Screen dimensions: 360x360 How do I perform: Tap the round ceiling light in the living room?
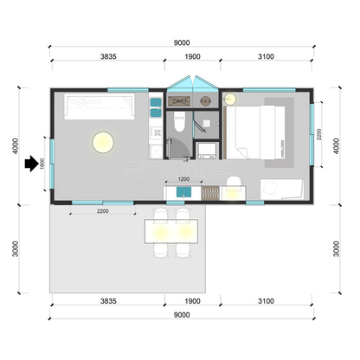tap(103, 140)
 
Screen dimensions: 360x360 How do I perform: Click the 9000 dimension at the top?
tap(181, 42)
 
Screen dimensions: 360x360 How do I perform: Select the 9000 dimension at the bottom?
tap(181, 314)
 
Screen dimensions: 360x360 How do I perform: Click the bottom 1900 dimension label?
tap(193, 301)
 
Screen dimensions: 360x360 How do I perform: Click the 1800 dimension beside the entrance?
tap(42, 164)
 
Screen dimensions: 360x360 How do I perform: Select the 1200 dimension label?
tap(183, 179)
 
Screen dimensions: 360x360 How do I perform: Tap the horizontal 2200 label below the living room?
tap(101, 211)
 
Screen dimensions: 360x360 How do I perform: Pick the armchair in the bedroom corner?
tap(281, 189)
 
